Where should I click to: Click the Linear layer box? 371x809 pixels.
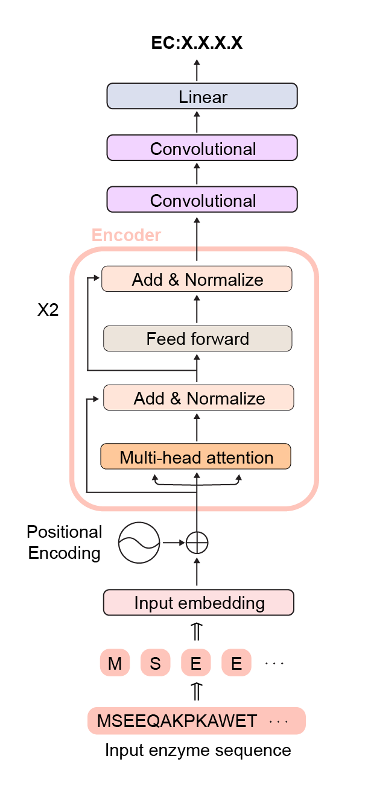tap(201, 96)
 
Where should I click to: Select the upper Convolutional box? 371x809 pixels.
tap(201, 148)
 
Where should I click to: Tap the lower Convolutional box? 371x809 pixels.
tap(201, 200)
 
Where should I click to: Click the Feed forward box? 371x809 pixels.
tap(197, 339)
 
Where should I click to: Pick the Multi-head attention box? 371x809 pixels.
tap(195, 457)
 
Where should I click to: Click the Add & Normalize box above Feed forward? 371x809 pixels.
tap(197, 279)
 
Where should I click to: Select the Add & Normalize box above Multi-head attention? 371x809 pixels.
tap(198, 398)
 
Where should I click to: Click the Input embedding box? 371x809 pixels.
tap(198, 602)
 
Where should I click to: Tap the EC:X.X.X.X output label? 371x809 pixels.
tap(197, 43)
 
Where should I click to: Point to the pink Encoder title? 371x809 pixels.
tap(126, 235)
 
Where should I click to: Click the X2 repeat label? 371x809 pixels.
tap(48, 312)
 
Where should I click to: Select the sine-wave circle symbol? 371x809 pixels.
tap(139, 543)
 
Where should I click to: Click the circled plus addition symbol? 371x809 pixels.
tap(197, 543)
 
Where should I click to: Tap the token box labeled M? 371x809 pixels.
tap(115, 664)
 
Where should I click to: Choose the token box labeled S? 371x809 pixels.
tap(155, 664)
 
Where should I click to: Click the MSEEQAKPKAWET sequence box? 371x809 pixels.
tap(196, 721)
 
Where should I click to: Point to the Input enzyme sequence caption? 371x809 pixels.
tap(198, 751)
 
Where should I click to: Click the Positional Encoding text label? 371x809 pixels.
tap(64, 543)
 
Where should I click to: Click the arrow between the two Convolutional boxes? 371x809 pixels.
tap(197, 174)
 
